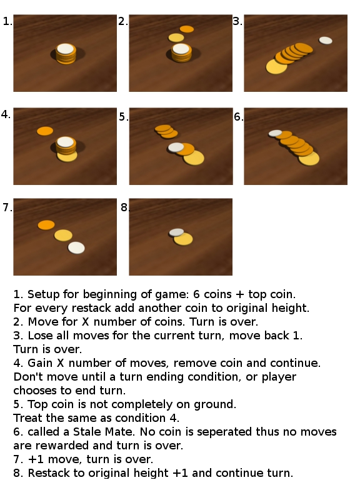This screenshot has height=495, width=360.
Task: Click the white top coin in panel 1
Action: (65, 48)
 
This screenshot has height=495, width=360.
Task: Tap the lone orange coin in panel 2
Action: (186, 29)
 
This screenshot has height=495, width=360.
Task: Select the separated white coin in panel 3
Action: (326, 40)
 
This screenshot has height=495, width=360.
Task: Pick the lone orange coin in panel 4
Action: (45, 131)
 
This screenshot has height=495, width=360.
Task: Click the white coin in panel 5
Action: (176, 147)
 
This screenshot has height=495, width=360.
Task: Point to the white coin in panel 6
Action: (275, 132)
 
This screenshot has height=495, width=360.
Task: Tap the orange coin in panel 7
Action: (46, 224)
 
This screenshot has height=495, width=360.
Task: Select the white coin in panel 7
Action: (76, 247)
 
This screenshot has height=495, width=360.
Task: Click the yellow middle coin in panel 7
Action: (63, 235)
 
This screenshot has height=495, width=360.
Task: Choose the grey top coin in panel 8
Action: (176, 232)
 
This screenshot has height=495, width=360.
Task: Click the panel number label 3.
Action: (237, 22)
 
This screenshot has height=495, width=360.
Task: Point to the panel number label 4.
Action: (6, 114)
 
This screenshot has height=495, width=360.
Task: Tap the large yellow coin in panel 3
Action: (276, 66)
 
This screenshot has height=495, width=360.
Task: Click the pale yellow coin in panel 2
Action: (176, 37)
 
